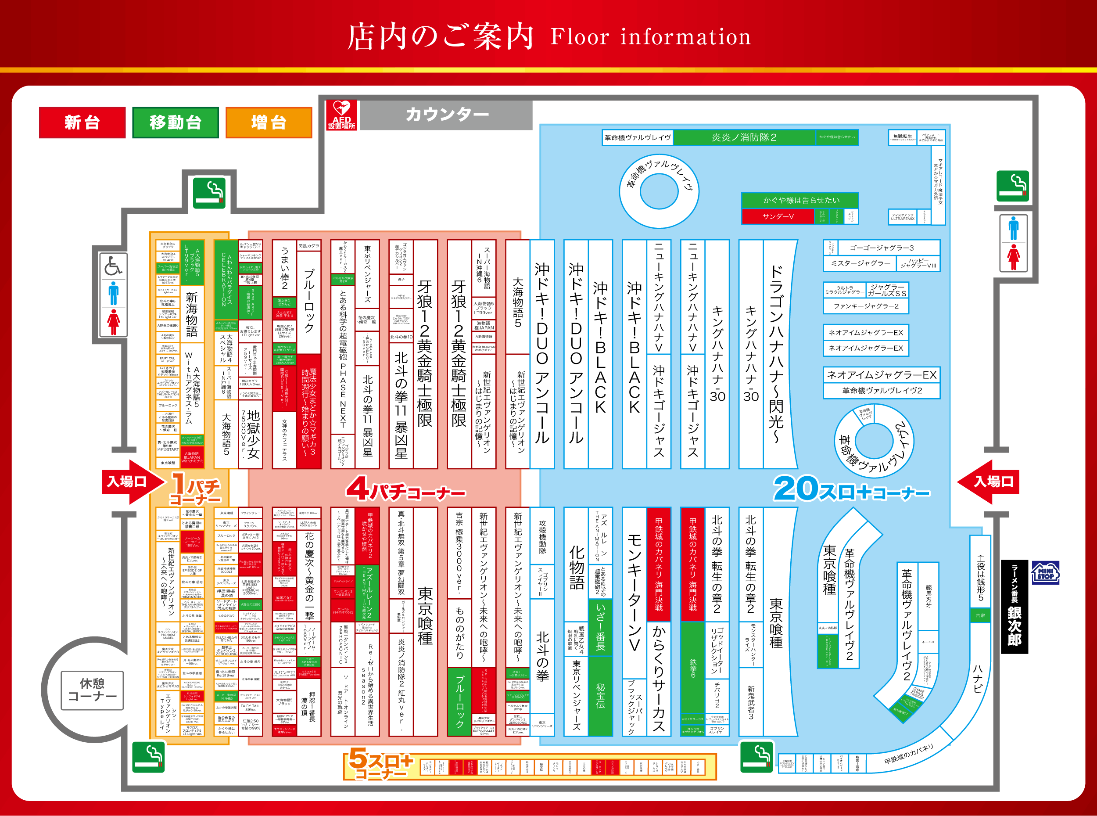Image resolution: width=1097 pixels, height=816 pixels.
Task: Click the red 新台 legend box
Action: point(82,122)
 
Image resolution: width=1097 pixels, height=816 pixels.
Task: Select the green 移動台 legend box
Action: point(175,122)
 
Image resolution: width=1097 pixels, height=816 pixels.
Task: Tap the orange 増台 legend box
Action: point(269,122)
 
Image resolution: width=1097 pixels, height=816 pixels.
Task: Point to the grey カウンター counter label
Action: point(447,115)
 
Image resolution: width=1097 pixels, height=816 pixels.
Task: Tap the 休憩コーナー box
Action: point(92,690)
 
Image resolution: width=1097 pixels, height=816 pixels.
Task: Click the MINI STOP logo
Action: point(1045,573)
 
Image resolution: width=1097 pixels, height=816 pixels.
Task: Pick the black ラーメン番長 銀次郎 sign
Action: point(1014,607)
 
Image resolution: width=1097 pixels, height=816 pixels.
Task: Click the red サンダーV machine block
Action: point(778,216)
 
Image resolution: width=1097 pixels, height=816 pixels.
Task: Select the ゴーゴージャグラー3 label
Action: point(881,248)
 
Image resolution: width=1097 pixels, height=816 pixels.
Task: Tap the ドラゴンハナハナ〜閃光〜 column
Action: point(776,354)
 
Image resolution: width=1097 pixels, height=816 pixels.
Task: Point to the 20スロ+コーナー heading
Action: point(851,489)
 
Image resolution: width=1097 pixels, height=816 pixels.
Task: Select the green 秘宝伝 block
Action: point(600,695)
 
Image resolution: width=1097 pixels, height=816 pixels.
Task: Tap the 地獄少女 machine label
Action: point(253,435)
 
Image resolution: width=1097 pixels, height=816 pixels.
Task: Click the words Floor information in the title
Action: point(650,37)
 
